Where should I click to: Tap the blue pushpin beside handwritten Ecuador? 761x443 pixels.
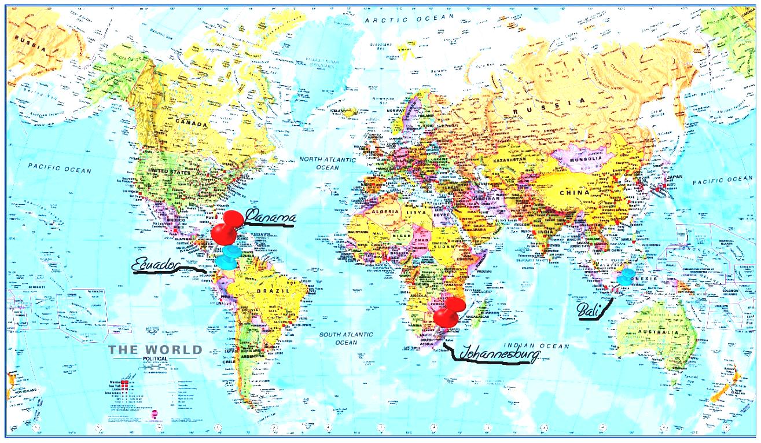[229, 257]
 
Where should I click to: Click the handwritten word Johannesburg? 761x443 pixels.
[499, 353]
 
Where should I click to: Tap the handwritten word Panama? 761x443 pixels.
[270, 218]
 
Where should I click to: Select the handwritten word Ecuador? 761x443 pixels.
[155, 264]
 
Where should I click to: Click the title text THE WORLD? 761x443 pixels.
[156, 350]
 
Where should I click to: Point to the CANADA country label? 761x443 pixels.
[192, 124]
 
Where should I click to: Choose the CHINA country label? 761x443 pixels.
[574, 192]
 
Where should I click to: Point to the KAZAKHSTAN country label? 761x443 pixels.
[509, 159]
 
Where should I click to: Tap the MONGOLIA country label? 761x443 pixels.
[587, 159]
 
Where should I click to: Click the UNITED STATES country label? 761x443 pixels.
[169, 171]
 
